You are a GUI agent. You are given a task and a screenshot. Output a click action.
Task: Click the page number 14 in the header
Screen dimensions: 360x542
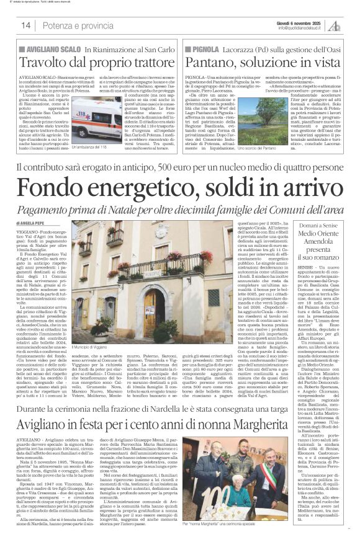point(26,25)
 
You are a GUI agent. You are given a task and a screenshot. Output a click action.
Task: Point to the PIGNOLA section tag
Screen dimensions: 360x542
point(205,47)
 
